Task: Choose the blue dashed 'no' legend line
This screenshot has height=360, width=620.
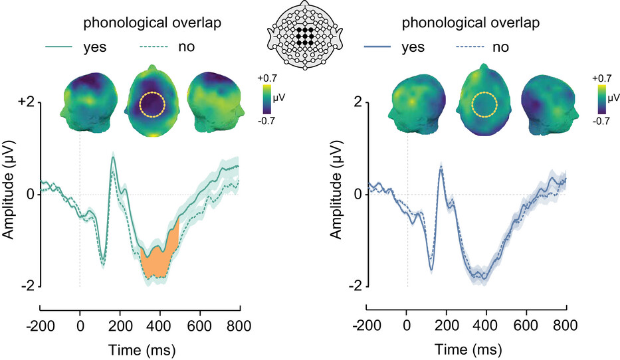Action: (472, 47)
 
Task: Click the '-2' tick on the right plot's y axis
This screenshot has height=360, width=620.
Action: (357, 286)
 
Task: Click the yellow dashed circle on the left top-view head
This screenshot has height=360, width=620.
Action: (152, 104)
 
